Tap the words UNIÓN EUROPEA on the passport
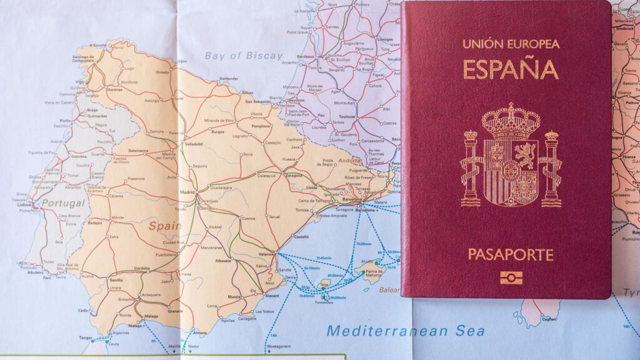(511, 44)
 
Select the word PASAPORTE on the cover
(511, 255)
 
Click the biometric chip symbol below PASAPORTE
(511, 277)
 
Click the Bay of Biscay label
(244, 56)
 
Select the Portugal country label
(62, 204)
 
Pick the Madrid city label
(187, 192)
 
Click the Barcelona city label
(352, 200)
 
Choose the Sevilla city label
(116, 281)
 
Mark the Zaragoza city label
(294, 176)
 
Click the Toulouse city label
(346, 117)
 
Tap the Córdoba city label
(142, 268)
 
